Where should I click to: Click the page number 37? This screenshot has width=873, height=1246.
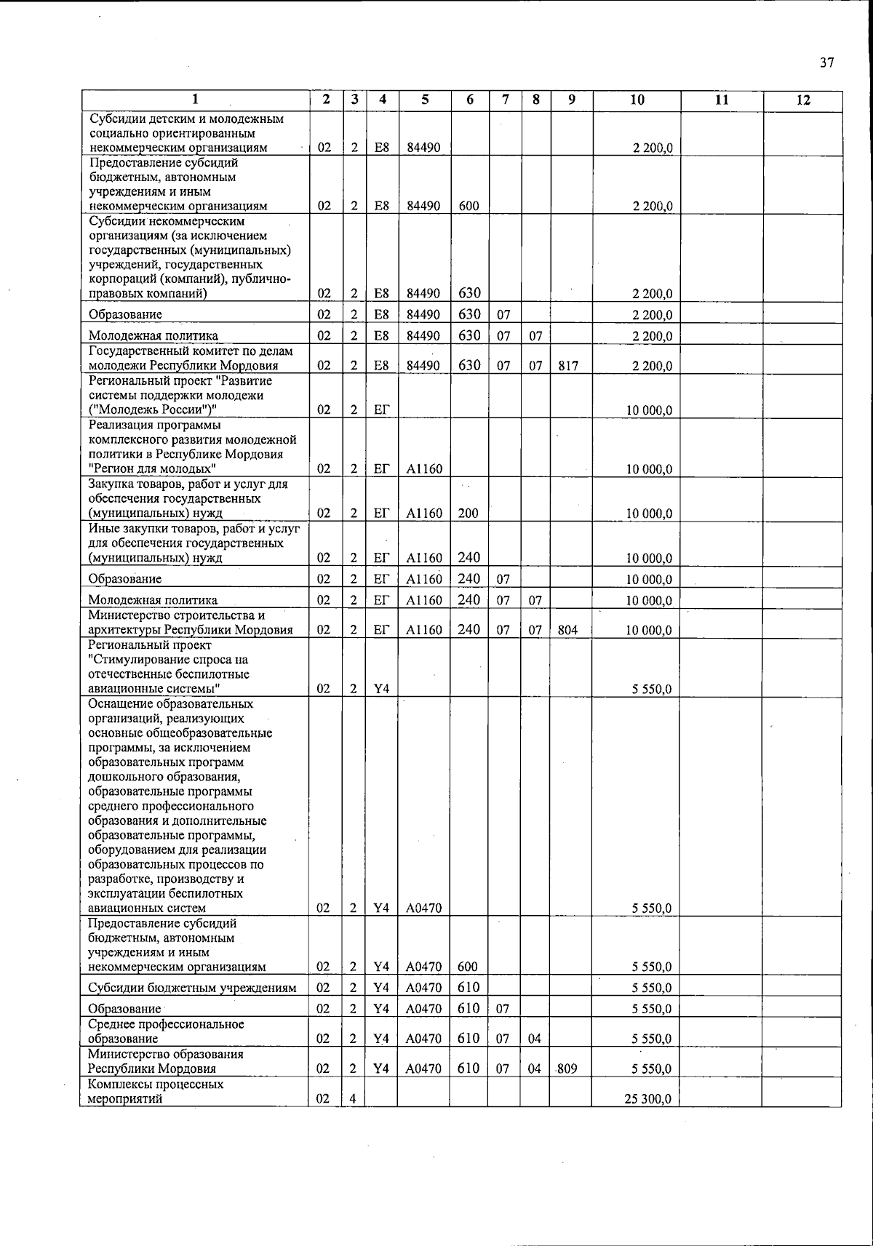tap(826, 63)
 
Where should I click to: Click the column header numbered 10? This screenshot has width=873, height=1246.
tap(637, 100)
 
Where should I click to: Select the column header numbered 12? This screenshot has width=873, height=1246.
tap(802, 100)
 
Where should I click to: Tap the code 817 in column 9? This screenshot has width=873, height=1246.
tap(568, 366)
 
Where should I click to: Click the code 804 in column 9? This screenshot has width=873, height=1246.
tap(567, 630)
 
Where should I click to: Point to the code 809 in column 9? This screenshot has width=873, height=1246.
tap(568, 1069)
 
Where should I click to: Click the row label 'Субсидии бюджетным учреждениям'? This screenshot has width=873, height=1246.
tap(192, 988)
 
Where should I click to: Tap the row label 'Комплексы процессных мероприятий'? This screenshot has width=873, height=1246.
tap(156, 1091)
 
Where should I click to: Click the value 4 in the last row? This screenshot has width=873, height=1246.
tap(353, 1099)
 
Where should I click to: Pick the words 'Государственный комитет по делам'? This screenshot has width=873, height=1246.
tap(190, 351)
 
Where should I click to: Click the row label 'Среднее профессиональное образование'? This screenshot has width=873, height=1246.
tap(166, 1031)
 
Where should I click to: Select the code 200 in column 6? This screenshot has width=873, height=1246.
tap(469, 513)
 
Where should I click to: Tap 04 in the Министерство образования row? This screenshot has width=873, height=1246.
tap(535, 1069)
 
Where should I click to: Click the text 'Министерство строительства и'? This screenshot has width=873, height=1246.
tap(176, 615)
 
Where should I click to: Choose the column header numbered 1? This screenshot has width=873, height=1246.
tap(194, 100)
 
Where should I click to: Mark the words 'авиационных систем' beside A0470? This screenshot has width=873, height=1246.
tap(147, 908)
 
